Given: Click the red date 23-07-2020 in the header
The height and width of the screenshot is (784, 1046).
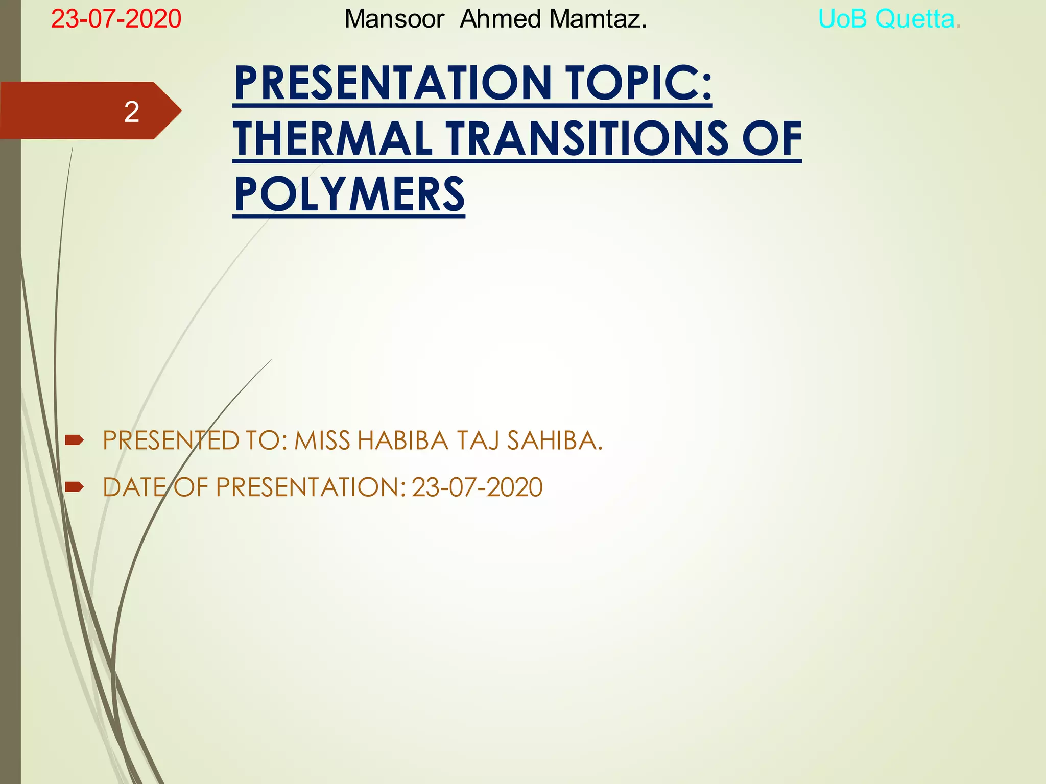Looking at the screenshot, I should tap(116, 19).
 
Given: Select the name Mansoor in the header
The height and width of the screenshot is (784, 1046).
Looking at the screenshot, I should tap(394, 19).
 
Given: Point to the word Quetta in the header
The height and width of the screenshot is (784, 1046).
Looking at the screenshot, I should tap(915, 19).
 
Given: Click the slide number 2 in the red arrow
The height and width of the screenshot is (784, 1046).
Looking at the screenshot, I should tap(131, 112).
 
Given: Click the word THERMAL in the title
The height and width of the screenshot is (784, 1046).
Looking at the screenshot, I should tap(333, 139).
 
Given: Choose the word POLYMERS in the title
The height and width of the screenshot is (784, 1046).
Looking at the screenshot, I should tap(349, 194).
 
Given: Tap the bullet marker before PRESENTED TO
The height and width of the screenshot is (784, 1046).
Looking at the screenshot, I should tap(74, 440).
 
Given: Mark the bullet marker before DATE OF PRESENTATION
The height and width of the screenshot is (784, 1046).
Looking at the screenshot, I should tap(74, 487).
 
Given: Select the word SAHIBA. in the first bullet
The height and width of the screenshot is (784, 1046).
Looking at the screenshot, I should tap(555, 440).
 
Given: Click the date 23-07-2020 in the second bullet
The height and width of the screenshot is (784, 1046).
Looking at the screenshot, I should tap(477, 487).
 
